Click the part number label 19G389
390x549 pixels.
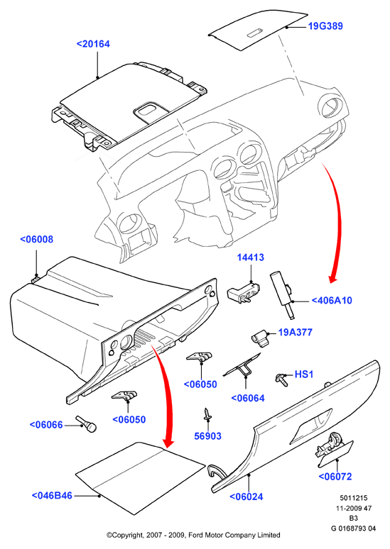coord(325,26)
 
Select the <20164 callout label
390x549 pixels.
coord(93,44)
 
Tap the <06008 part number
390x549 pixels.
coord(36,239)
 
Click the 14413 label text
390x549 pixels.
coord(251,257)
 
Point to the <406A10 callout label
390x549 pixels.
coord(332,301)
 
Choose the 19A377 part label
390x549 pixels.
coord(296,332)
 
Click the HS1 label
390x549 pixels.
coord(304,374)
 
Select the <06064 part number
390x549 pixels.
coord(248,398)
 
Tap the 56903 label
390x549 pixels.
coord(208,436)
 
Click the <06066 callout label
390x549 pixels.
coord(46,425)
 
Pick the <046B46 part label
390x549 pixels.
coord(52,495)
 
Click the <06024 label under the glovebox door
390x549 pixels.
coord(247,497)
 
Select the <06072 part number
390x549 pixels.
coord(335,476)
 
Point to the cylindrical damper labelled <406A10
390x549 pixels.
coord(282,295)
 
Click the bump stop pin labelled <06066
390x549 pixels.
coord(86,423)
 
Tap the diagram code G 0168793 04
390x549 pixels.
coord(353,528)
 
